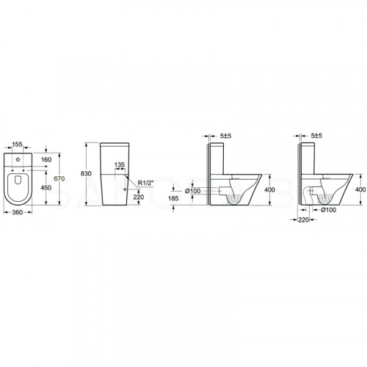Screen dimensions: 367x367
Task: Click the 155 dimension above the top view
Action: pos(18,145)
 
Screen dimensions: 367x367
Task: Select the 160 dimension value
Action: pos(46,160)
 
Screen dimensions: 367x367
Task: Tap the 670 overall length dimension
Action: pos(59,179)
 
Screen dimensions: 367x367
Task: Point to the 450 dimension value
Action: pos(46,188)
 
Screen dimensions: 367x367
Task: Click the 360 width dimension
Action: pos(18,212)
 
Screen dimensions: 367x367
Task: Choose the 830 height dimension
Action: pos(86,174)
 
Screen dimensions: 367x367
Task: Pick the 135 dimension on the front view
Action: pos(120,165)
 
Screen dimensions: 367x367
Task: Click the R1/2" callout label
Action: pos(145,183)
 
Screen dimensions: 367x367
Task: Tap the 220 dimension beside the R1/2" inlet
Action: pos(139,197)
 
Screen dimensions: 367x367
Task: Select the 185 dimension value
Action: pos(173,198)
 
